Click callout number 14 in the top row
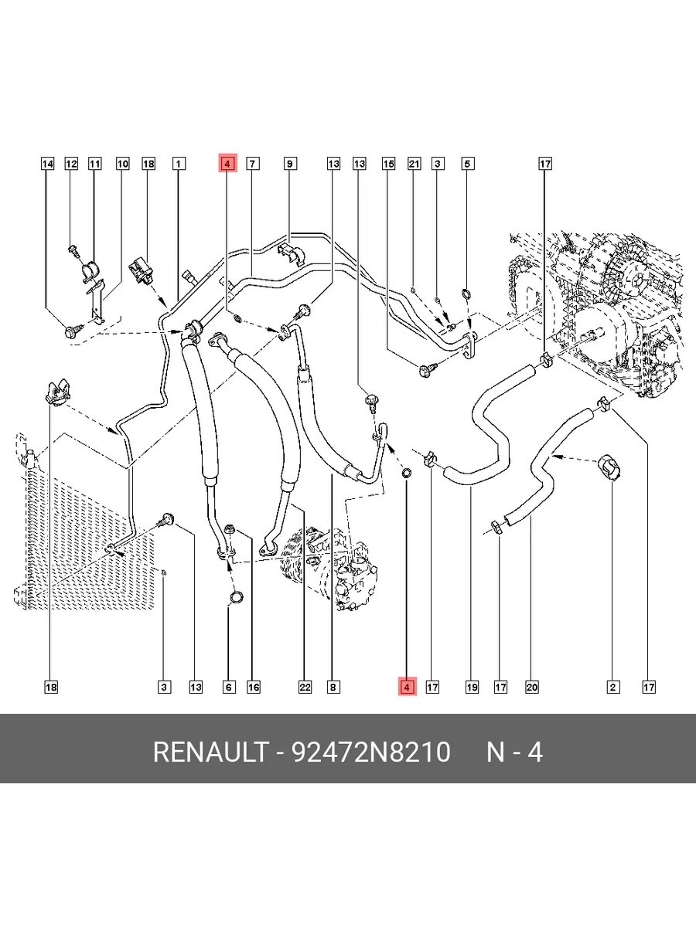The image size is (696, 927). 47,164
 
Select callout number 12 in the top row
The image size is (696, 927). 71,164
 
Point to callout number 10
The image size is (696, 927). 123,164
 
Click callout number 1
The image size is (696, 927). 178,164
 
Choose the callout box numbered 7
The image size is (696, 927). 252,164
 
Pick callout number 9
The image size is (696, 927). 289,164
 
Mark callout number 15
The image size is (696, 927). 388,164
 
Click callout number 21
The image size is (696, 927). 414,164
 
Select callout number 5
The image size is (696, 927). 467,164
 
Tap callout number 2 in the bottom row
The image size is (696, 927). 612,687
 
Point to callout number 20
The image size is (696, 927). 531,687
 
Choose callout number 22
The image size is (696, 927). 305,687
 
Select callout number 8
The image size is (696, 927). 333,687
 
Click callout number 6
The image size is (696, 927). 229,687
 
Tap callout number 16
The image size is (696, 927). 254,687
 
